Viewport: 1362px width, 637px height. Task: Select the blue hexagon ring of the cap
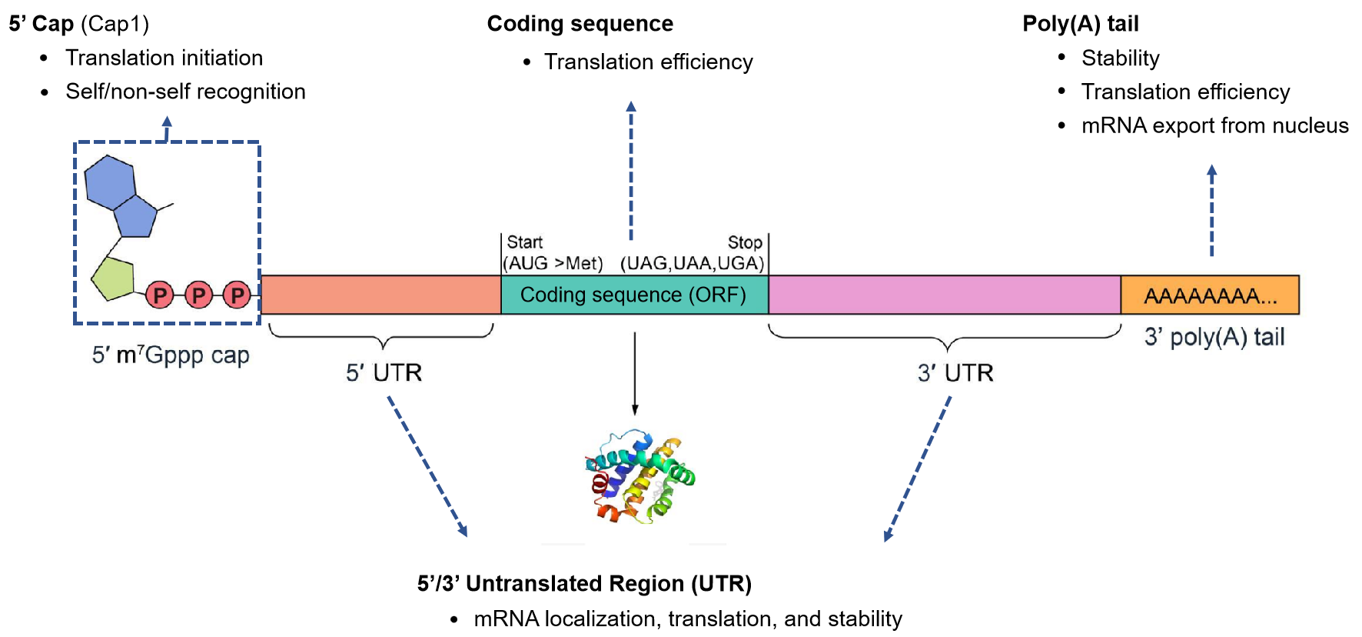coord(109,182)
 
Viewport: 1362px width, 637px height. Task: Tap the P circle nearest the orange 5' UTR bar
coord(238,295)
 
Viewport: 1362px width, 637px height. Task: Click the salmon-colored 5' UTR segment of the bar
coord(381,295)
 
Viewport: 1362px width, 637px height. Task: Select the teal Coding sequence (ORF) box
coord(633,295)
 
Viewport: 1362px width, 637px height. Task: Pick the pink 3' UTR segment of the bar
coord(944,295)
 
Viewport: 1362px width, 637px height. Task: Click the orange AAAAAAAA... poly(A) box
coord(1210,295)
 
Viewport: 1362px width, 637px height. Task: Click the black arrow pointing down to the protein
coord(635,373)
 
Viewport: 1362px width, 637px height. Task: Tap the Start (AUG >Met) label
coord(552,253)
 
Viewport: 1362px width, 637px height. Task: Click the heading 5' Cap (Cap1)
coord(78,24)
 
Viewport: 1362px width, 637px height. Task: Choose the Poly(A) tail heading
coord(1080,24)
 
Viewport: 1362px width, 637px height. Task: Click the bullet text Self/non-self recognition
coord(185,92)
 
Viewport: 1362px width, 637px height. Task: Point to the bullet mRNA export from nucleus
coord(1214,125)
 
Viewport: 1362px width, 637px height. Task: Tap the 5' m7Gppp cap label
coord(171,355)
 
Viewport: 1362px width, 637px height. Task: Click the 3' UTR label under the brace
coord(955,373)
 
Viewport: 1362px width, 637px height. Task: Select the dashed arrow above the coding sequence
coord(631,169)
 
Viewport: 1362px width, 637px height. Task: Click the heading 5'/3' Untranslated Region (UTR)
coord(584,584)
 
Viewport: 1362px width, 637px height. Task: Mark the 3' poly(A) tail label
coord(1214,337)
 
